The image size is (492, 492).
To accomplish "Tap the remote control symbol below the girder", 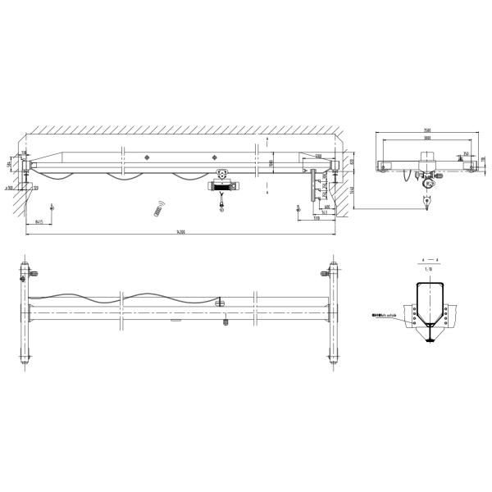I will click(159, 209).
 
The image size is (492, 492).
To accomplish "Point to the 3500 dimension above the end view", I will click(427, 130).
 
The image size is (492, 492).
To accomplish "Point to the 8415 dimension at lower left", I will click(39, 221).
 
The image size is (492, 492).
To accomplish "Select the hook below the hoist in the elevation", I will click(221, 206).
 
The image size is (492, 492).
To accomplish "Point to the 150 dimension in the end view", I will click(464, 153).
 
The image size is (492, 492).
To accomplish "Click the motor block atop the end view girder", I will click(426, 156).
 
